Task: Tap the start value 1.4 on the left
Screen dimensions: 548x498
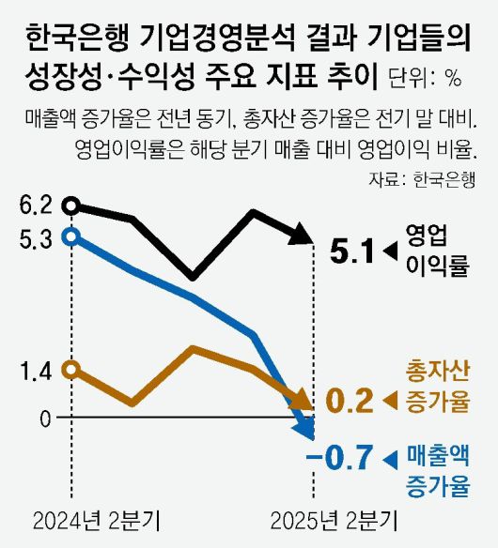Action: click(34, 372)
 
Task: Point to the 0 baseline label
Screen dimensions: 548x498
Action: click(44, 418)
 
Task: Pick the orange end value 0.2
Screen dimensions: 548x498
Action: click(349, 401)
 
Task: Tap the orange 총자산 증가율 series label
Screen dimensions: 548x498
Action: click(437, 386)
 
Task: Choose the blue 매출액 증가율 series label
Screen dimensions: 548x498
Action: click(437, 471)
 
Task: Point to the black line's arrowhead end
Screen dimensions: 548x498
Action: click(303, 235)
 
